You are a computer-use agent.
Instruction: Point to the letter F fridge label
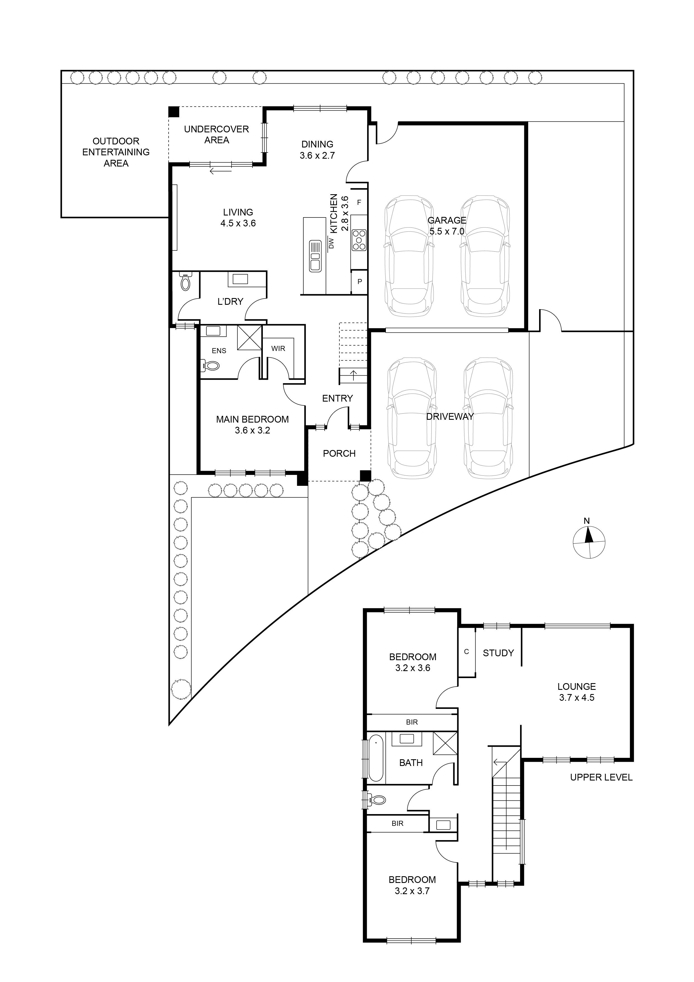(359, 202)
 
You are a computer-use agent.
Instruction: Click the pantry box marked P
(359, 282)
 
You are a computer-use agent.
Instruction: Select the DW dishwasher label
(331, 243)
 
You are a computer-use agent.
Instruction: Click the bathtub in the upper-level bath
(376, 758)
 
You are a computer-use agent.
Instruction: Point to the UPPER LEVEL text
(601, 777)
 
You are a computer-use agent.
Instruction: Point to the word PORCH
(339, 453)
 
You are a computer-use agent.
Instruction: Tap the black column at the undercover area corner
(173, 112)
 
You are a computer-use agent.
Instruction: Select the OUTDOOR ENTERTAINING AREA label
(116, 152)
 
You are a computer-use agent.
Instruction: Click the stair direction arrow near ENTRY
(353, 376)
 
